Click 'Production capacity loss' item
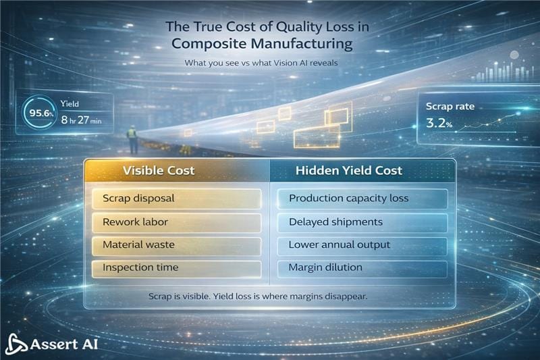(363, 199)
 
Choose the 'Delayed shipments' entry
(363, 222)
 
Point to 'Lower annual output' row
(363, 245)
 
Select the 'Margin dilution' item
(363, 267)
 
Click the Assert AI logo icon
(16, 344)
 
